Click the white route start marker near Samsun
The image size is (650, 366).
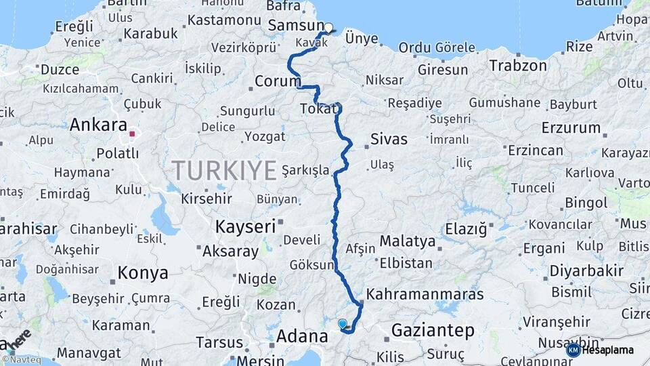click(x=328, y=28)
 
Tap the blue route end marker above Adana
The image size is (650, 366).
click(x=343, y=325)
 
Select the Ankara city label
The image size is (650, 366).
click(x=98, y=125)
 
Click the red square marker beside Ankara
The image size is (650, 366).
click(x=133, y=134)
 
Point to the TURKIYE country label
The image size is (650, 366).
click(x=224, y=169)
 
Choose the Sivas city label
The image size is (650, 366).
click(x=389, y=140)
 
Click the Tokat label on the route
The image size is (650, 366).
click(x=317, y=110)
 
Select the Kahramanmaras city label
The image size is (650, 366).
click(x=425, y=294)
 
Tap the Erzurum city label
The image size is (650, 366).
click(x=571, y=127)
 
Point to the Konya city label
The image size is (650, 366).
click(x=143, y=273)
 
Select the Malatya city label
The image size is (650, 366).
click(x=407, y=241)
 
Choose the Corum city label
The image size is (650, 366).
click(x=278, y=82)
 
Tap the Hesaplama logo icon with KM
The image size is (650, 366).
click(x=573, y=350)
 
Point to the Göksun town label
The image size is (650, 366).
click(x=312, y=264)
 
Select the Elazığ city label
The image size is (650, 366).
click(x=466, y=230)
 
